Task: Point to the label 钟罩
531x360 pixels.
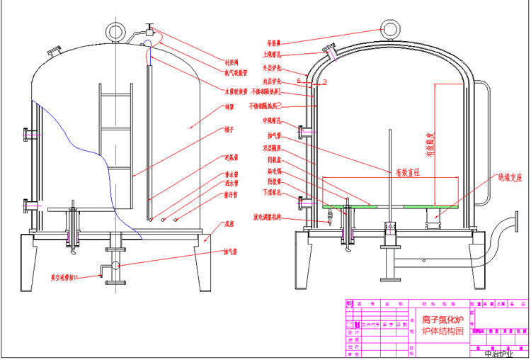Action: pos(229,108)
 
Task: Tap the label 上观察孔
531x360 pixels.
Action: pos(273,55)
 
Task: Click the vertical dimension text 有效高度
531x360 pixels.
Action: pos(428,146)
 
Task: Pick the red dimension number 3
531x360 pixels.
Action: pos(324,83)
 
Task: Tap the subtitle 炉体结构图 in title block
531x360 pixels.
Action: pos(442,331)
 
